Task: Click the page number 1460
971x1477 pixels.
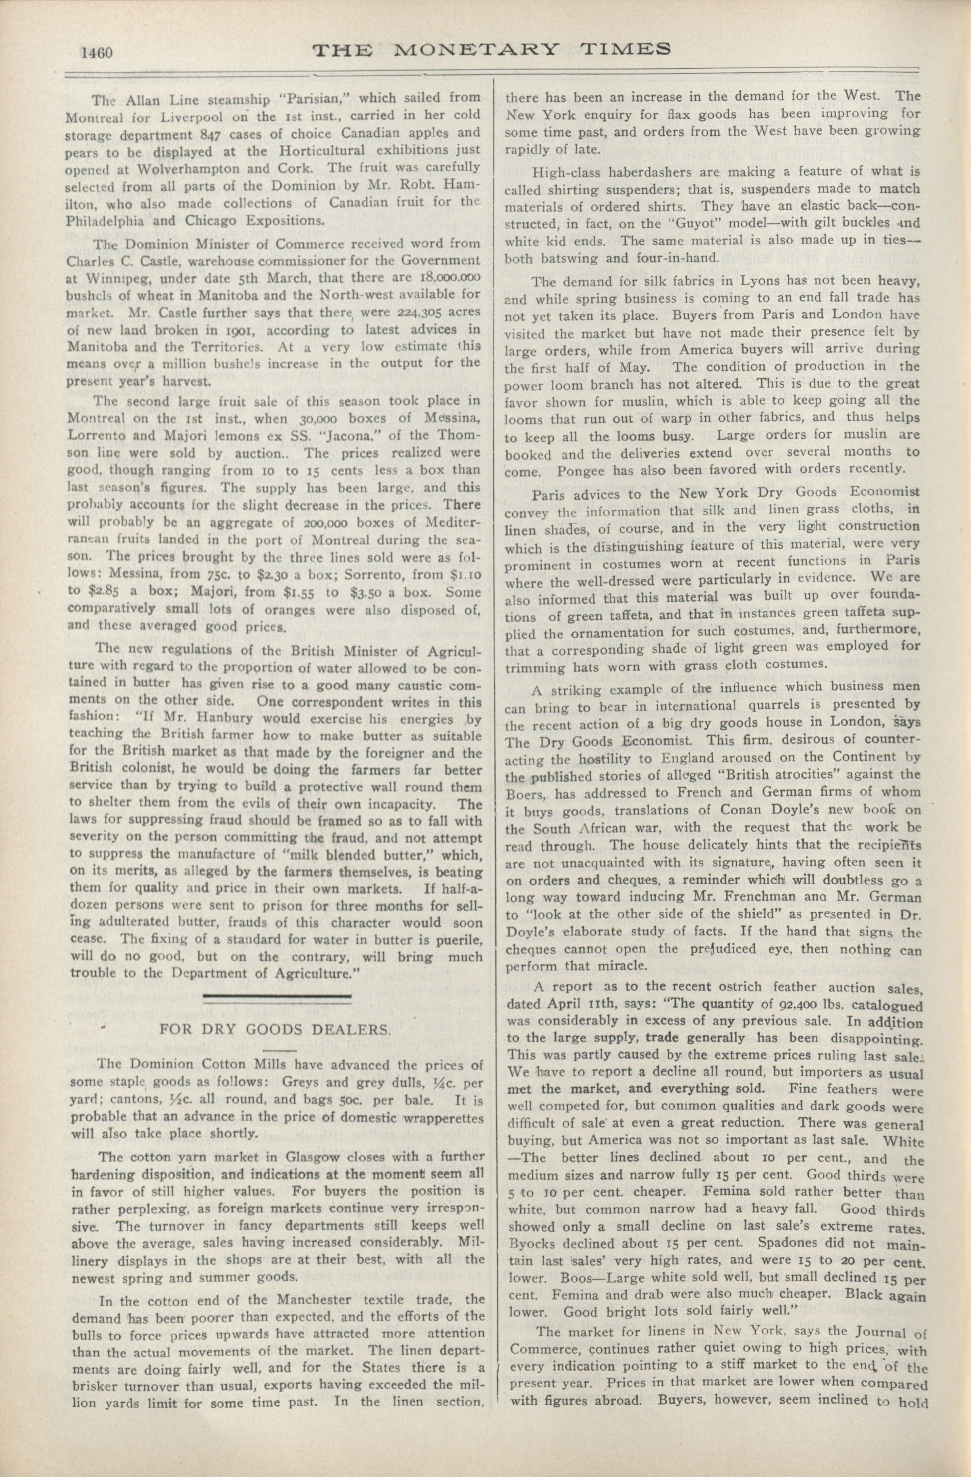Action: (x=96, y=52)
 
